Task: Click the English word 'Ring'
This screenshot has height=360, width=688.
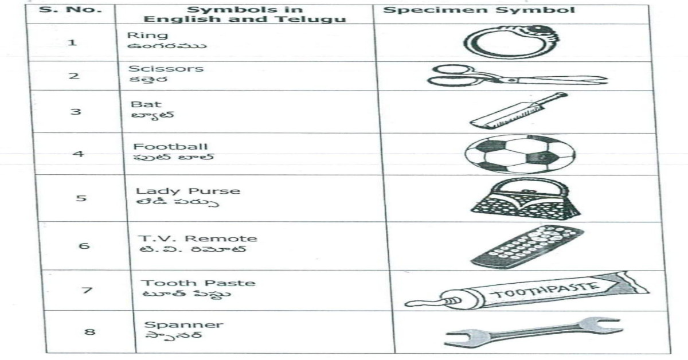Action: tap(139, 36)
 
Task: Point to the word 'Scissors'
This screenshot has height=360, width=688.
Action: tap(166, 69)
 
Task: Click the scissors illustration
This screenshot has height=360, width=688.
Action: tap(516, 76)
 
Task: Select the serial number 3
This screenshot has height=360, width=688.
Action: tap(75, 111)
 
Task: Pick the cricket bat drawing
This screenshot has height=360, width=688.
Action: tap(518, 111)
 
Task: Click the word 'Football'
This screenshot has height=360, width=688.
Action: tap(170, 147)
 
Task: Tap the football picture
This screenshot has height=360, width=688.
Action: tap(519, 154)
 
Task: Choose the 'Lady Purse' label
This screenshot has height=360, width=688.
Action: tap(187, 191)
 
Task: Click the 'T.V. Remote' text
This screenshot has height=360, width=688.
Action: tap(199, 238)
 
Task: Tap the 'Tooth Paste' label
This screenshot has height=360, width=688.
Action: tap(198, 283)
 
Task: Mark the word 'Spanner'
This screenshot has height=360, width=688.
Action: tap(183, 325)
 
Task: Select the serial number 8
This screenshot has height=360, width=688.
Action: tap(89, 331)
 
